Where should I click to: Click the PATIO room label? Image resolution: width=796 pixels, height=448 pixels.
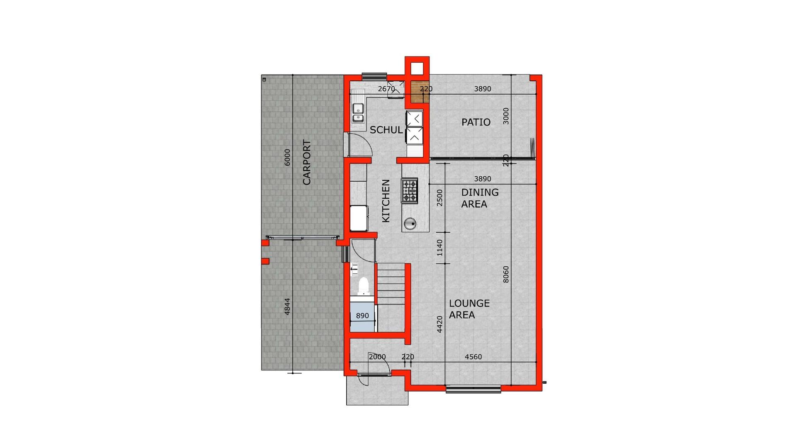(x=476, y=122)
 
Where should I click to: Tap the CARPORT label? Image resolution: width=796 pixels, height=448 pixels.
(x=306, y=162)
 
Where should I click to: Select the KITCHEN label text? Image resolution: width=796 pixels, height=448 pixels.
(x=386, y=201)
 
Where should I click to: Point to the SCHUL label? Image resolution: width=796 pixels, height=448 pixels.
(x=386, y=130)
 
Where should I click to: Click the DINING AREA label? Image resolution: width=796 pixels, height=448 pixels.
(x=480, y=198)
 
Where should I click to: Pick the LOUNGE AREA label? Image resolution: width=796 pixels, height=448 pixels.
(x=469, y=309)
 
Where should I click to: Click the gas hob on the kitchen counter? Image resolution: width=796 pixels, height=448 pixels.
(x=409, y=190)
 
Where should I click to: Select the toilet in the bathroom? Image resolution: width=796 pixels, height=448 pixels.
(x=363, y=285)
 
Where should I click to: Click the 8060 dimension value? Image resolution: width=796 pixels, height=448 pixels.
(x=505, y=275)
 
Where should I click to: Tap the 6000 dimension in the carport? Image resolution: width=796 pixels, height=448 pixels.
(x=287, y=158)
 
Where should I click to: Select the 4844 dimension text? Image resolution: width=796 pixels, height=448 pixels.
(x=287, y=307)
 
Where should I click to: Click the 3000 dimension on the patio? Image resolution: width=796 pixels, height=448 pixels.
(x=505, y=116)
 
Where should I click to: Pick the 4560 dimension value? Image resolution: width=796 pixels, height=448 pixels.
(x=473, y=357)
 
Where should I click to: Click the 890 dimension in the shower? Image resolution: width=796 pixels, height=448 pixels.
(x=362, y=316)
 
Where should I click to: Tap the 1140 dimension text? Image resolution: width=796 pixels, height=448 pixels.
(x=439, y=248)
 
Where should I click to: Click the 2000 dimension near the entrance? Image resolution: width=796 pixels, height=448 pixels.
(x=377, y=357)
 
